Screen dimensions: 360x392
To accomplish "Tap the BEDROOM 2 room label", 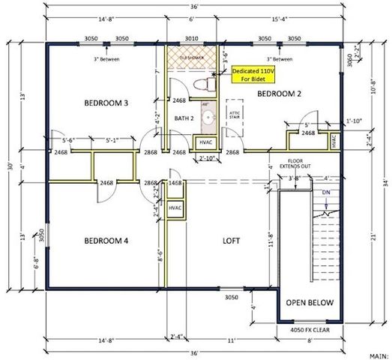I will click(279, 94).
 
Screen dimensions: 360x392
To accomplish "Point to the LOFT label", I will click(232, 241).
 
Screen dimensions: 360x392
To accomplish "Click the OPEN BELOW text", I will click(309, 303).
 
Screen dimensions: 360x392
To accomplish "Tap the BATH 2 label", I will click(184, 118).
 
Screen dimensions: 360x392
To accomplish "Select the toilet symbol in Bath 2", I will click(200, 84).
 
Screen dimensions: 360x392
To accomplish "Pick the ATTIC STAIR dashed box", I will click(232, 114).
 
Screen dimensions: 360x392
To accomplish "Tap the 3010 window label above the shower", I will click(192, 37).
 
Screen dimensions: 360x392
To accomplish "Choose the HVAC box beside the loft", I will click(177, 208).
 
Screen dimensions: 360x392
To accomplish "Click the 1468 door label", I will click(176, 182).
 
